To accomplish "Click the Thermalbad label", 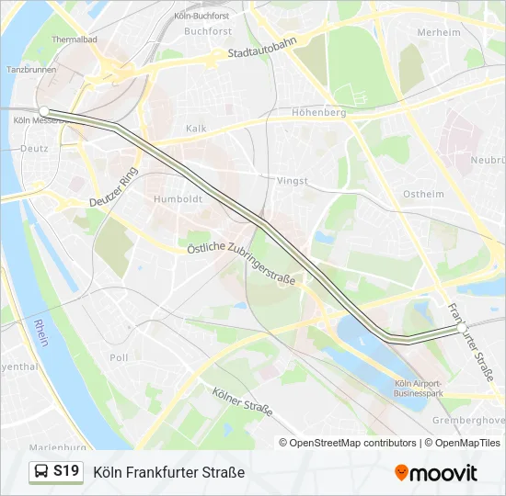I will pyautogui.click(x=75, y=40).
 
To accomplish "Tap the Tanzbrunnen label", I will pyautogui.click(x=27, y=70).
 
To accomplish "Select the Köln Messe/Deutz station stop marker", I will pyautogui.click(x=43, y=110).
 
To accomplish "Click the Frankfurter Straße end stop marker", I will pyautogui.click(x=461, y=327).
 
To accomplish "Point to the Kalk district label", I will pyautogui.click(x=196, y=129).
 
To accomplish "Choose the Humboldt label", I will pyautogui.click(x=178, y=198).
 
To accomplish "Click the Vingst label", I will pyautogui.click(x=293, y=181).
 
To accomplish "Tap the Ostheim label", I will pyautogui.click(x=423, y=194).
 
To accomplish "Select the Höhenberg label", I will pyautogui.click(x=318, y=113).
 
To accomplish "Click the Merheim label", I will pyautogui.click(x=439, y=31).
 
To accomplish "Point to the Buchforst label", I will pyautogui.click(x=207, y=30).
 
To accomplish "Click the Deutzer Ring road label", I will pyautogui.click(x=113, y=187).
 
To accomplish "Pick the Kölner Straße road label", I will pyautogui.click(x=242, y=401).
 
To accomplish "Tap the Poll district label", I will pyautogui.click(x=119, y=357).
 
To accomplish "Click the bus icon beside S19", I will pyautogui.click(x=41, y=472).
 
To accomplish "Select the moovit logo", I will pyautogui.click(x=436, y=472).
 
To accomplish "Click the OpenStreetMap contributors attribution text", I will pyautogui.click(x=349, y=443).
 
